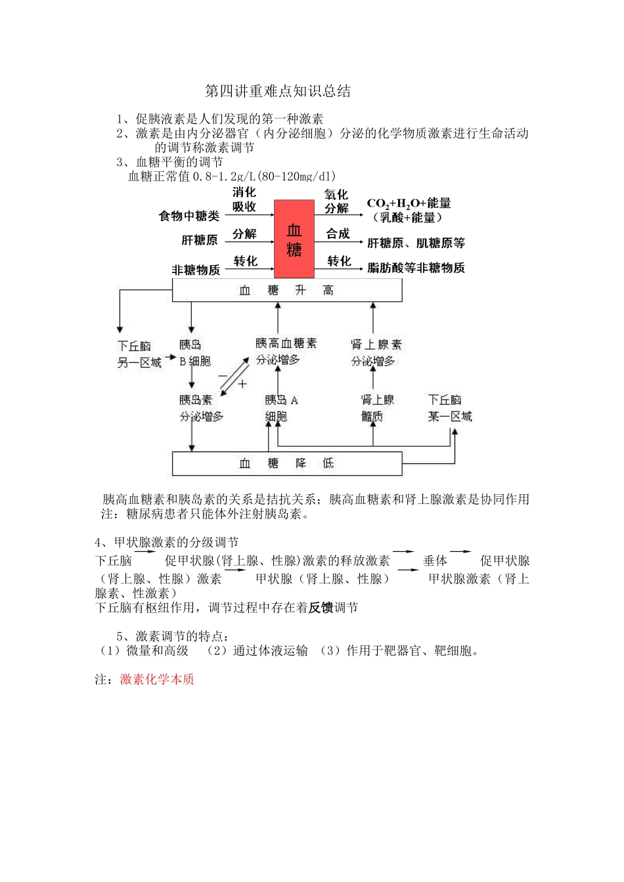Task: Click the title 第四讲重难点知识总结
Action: (278, 91)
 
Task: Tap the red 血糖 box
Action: (294, 240)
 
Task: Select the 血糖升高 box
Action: (287, 290)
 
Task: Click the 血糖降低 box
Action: (287, 463)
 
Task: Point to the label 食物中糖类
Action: (189, 216)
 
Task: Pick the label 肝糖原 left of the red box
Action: (200, 241)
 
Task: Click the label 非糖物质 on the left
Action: (196, 270)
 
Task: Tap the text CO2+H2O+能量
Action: (409, 203)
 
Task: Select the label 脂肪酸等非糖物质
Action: (416, 268)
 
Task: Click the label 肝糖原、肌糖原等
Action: (416, 243)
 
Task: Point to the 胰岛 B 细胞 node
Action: (194, 353)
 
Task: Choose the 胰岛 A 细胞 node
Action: (281, 408)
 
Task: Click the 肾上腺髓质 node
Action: (377, 408)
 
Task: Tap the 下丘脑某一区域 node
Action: (450, 408)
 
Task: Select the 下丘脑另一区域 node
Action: (139, 354)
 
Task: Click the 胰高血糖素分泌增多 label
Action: (286, 351)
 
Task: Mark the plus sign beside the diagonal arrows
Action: (242, 384)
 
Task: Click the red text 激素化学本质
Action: (157, 679)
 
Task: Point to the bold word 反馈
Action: (321, 608)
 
